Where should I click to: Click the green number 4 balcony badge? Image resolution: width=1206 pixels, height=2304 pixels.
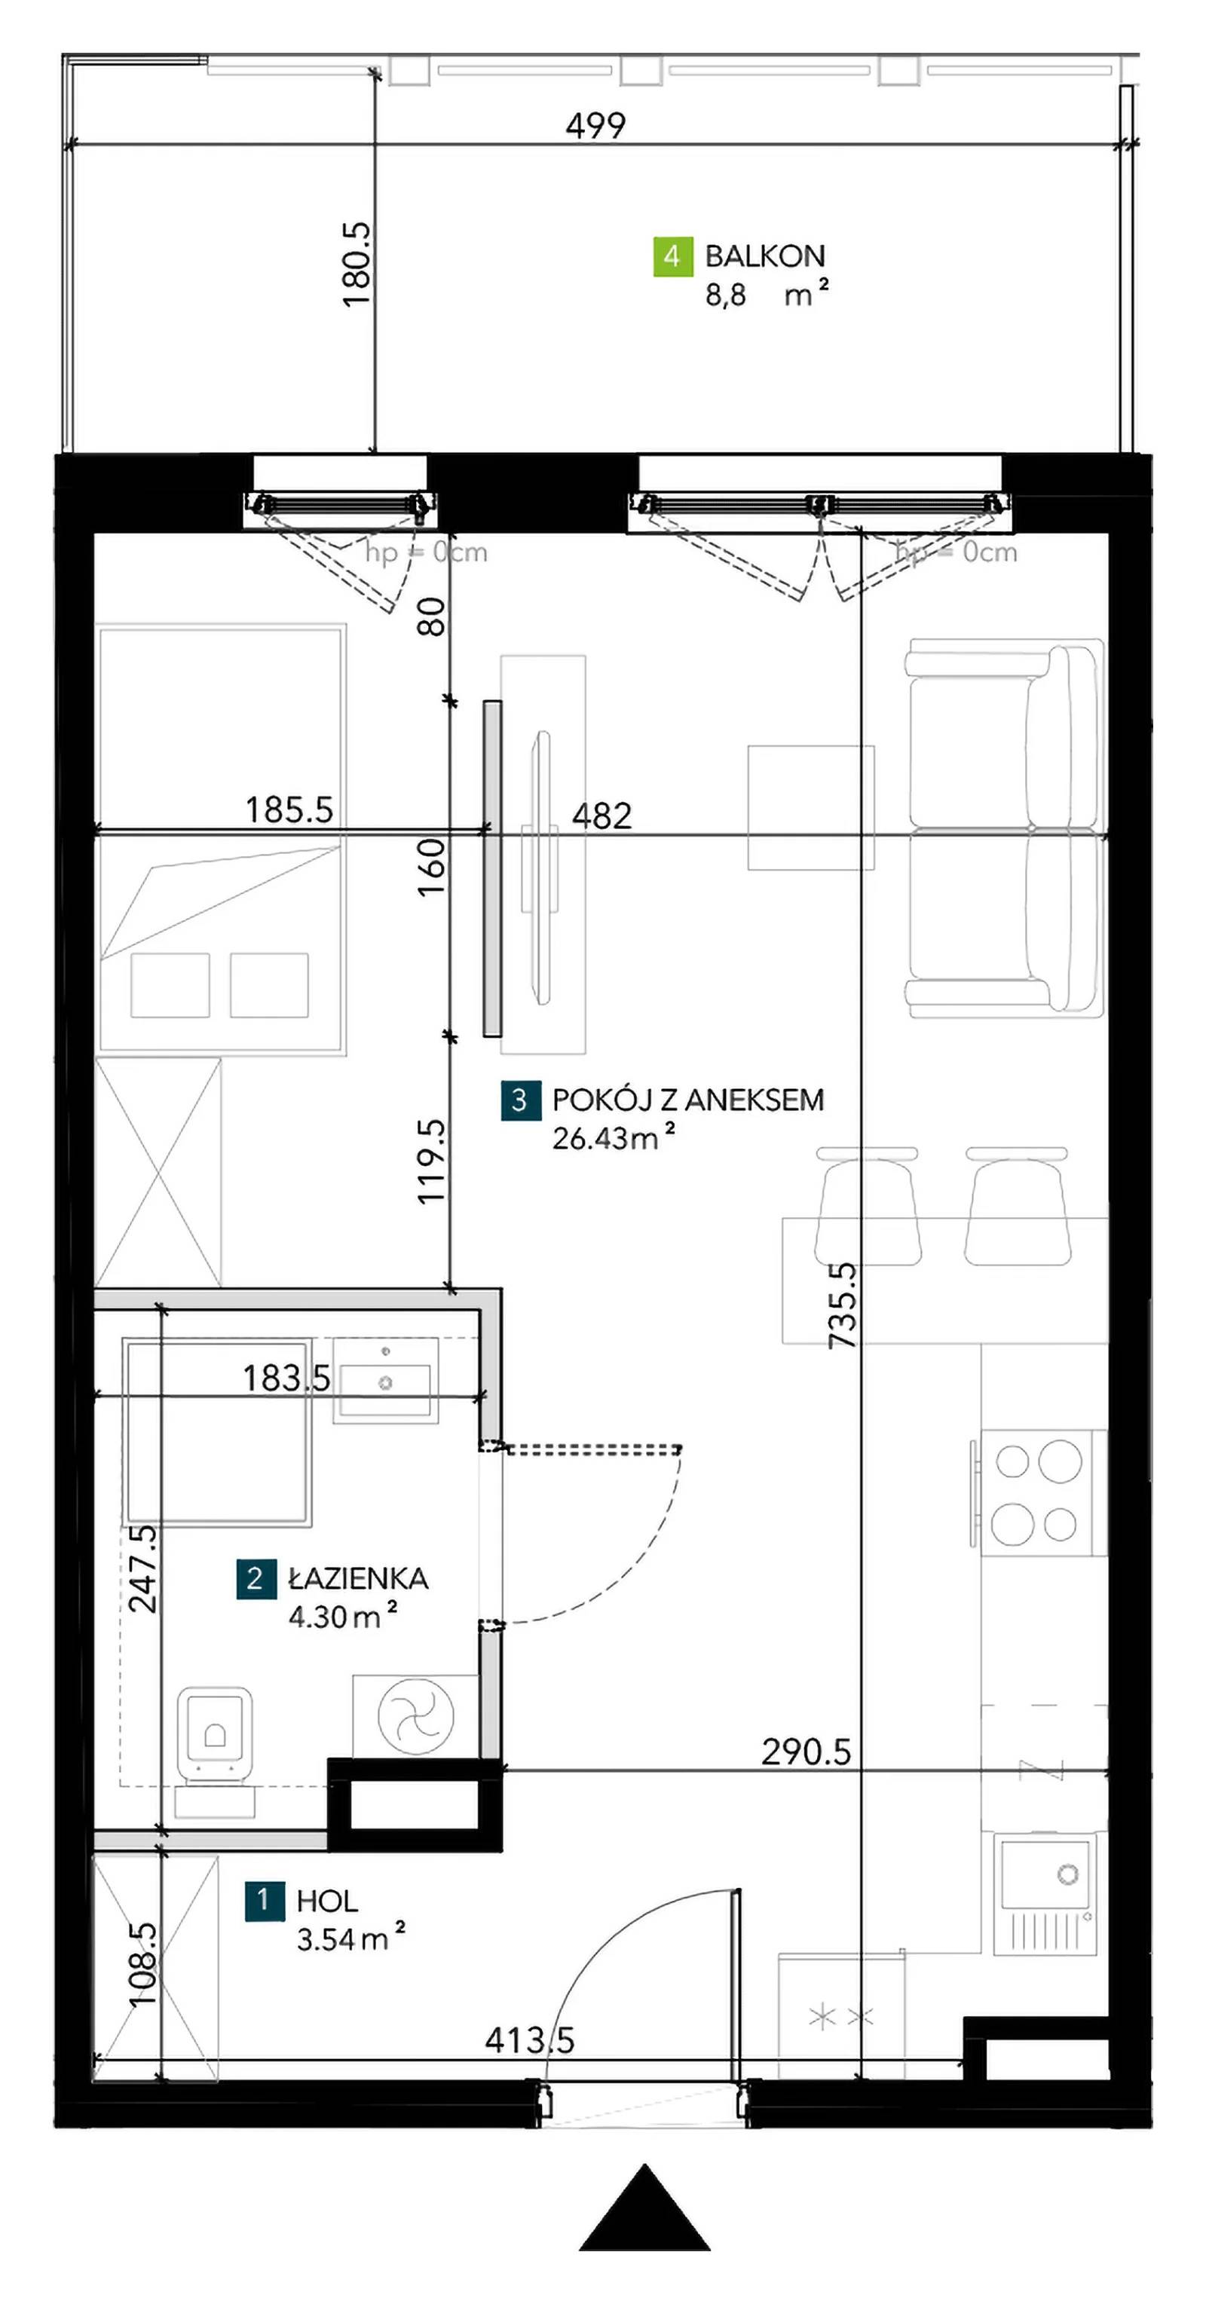point(672,257)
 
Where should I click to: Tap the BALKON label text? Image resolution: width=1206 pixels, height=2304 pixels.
point(765,257)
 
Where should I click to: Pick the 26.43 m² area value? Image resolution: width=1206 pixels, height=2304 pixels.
point(613,1138)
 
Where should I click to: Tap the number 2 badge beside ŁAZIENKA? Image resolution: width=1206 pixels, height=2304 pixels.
point(255,1579)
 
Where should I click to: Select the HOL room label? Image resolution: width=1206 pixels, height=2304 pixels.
point(326,1901)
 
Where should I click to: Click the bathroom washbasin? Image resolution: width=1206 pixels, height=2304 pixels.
point(386,1380)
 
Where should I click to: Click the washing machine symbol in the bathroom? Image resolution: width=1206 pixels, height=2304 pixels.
point(415,1715)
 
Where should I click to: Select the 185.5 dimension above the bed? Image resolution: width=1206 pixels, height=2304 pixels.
point(289,809)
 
